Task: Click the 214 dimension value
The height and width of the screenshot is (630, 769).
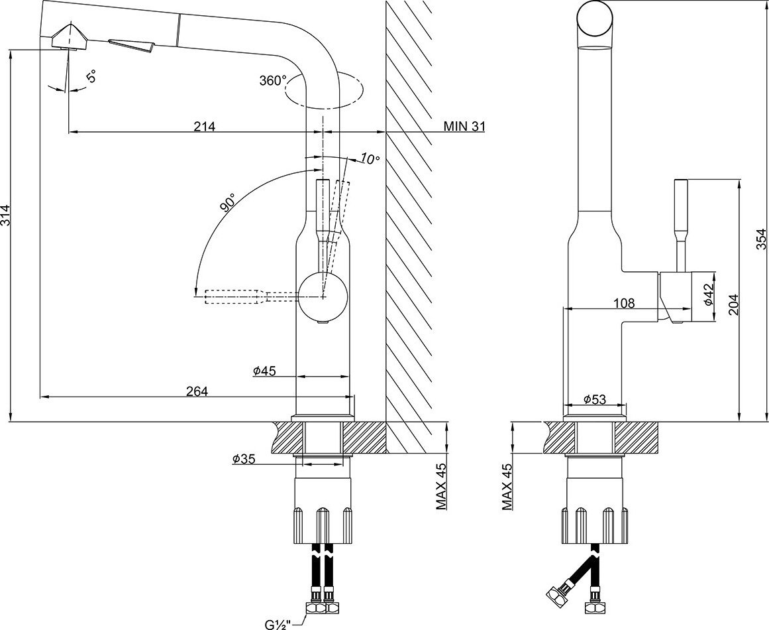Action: (x=205, y=126)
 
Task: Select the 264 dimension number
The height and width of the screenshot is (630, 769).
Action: (x=197, y=391)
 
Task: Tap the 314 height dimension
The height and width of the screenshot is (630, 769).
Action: (x=5, y=215)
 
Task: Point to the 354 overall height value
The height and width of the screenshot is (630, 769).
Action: (x=761, y=239)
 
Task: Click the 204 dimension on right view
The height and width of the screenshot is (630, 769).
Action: (x=733, y=305)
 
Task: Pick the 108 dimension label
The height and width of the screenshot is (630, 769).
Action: (x=624, y=303)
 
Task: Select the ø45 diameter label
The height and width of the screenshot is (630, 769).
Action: (x=265, y=371)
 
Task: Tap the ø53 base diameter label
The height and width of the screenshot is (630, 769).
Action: (x=595, y=399)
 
